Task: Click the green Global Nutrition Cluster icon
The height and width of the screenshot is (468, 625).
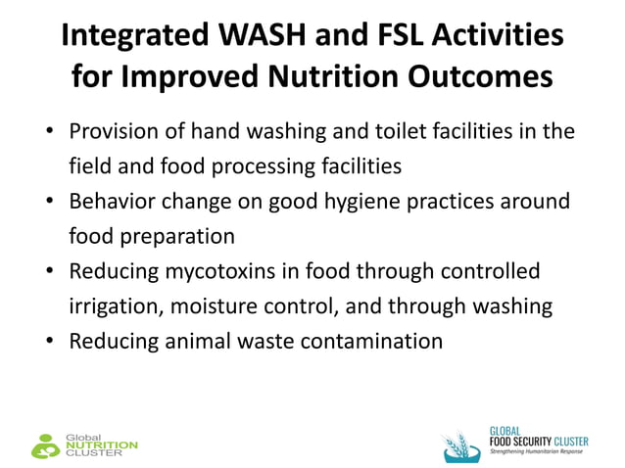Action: pos(45,445)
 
